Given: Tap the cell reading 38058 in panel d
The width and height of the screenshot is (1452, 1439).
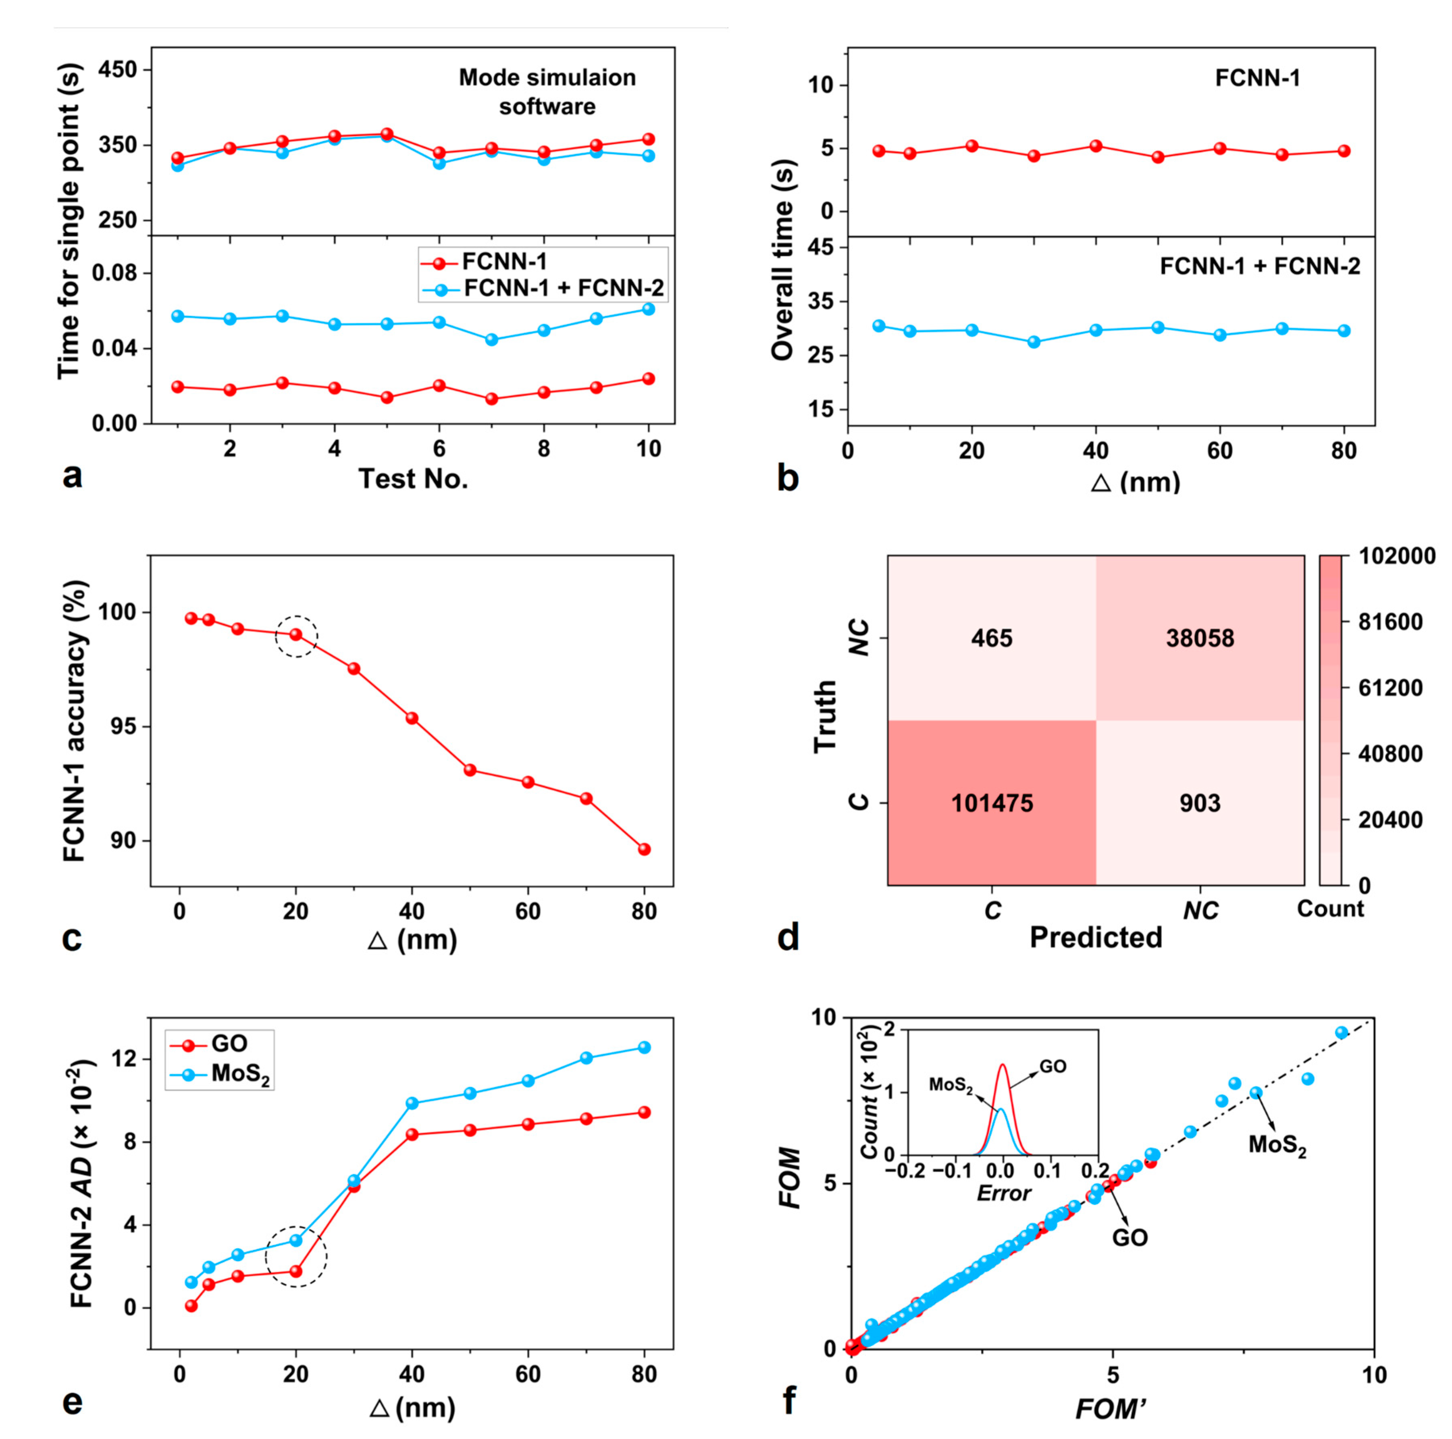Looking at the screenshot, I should click(1200, 638).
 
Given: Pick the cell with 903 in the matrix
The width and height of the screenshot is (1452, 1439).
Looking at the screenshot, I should click(1200, 803).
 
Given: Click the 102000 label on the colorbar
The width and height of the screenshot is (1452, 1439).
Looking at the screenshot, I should click(1396, 556).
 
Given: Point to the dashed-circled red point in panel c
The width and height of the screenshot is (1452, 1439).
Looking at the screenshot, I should click(296, 634).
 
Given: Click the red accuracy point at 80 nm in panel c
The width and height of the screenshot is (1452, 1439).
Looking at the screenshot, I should click(644, 849).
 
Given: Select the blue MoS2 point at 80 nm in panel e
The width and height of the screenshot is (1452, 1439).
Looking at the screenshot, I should click(644, 1047).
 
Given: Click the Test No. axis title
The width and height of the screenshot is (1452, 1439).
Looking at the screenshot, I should click(413, 479).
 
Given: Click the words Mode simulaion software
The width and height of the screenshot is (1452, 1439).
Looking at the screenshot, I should click(547, 91).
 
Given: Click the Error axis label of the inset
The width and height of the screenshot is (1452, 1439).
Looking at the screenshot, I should click(1003, 1193).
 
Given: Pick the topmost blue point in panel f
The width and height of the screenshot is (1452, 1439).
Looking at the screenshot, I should click(1342, 1032).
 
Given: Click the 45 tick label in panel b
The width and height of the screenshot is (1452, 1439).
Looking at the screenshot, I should click(823, 247).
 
